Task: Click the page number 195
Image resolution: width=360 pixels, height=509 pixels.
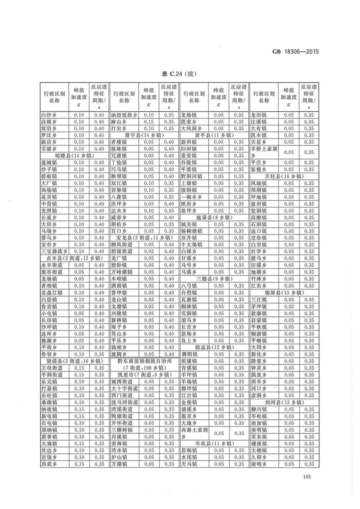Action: pos(306,477)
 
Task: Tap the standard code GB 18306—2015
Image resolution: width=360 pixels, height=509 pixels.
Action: pos(295,52)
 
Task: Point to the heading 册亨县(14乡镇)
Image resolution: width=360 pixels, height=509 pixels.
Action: pos(144,135)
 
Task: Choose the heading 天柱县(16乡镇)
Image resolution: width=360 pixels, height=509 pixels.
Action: pos(284,176)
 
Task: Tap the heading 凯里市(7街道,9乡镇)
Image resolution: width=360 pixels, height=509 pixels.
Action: pos(144,375)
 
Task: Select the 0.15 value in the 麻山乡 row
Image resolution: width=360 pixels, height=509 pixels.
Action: pos(149,122)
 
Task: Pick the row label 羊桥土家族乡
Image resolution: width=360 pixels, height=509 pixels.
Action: pos(264,152)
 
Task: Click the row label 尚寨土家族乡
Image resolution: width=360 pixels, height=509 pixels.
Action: pos(194,433)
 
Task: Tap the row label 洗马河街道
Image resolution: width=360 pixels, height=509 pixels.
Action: pos(124,402)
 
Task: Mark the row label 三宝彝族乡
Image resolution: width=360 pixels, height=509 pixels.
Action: pos(54,251)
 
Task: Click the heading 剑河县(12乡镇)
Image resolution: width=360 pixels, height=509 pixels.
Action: pos(284,402)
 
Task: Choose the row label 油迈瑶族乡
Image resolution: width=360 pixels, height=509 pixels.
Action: pos(124,115)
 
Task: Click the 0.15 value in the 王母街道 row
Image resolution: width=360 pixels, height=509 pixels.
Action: pos(79,368)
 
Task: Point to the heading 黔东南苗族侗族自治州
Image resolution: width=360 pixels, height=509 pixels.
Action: pos(144,361)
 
